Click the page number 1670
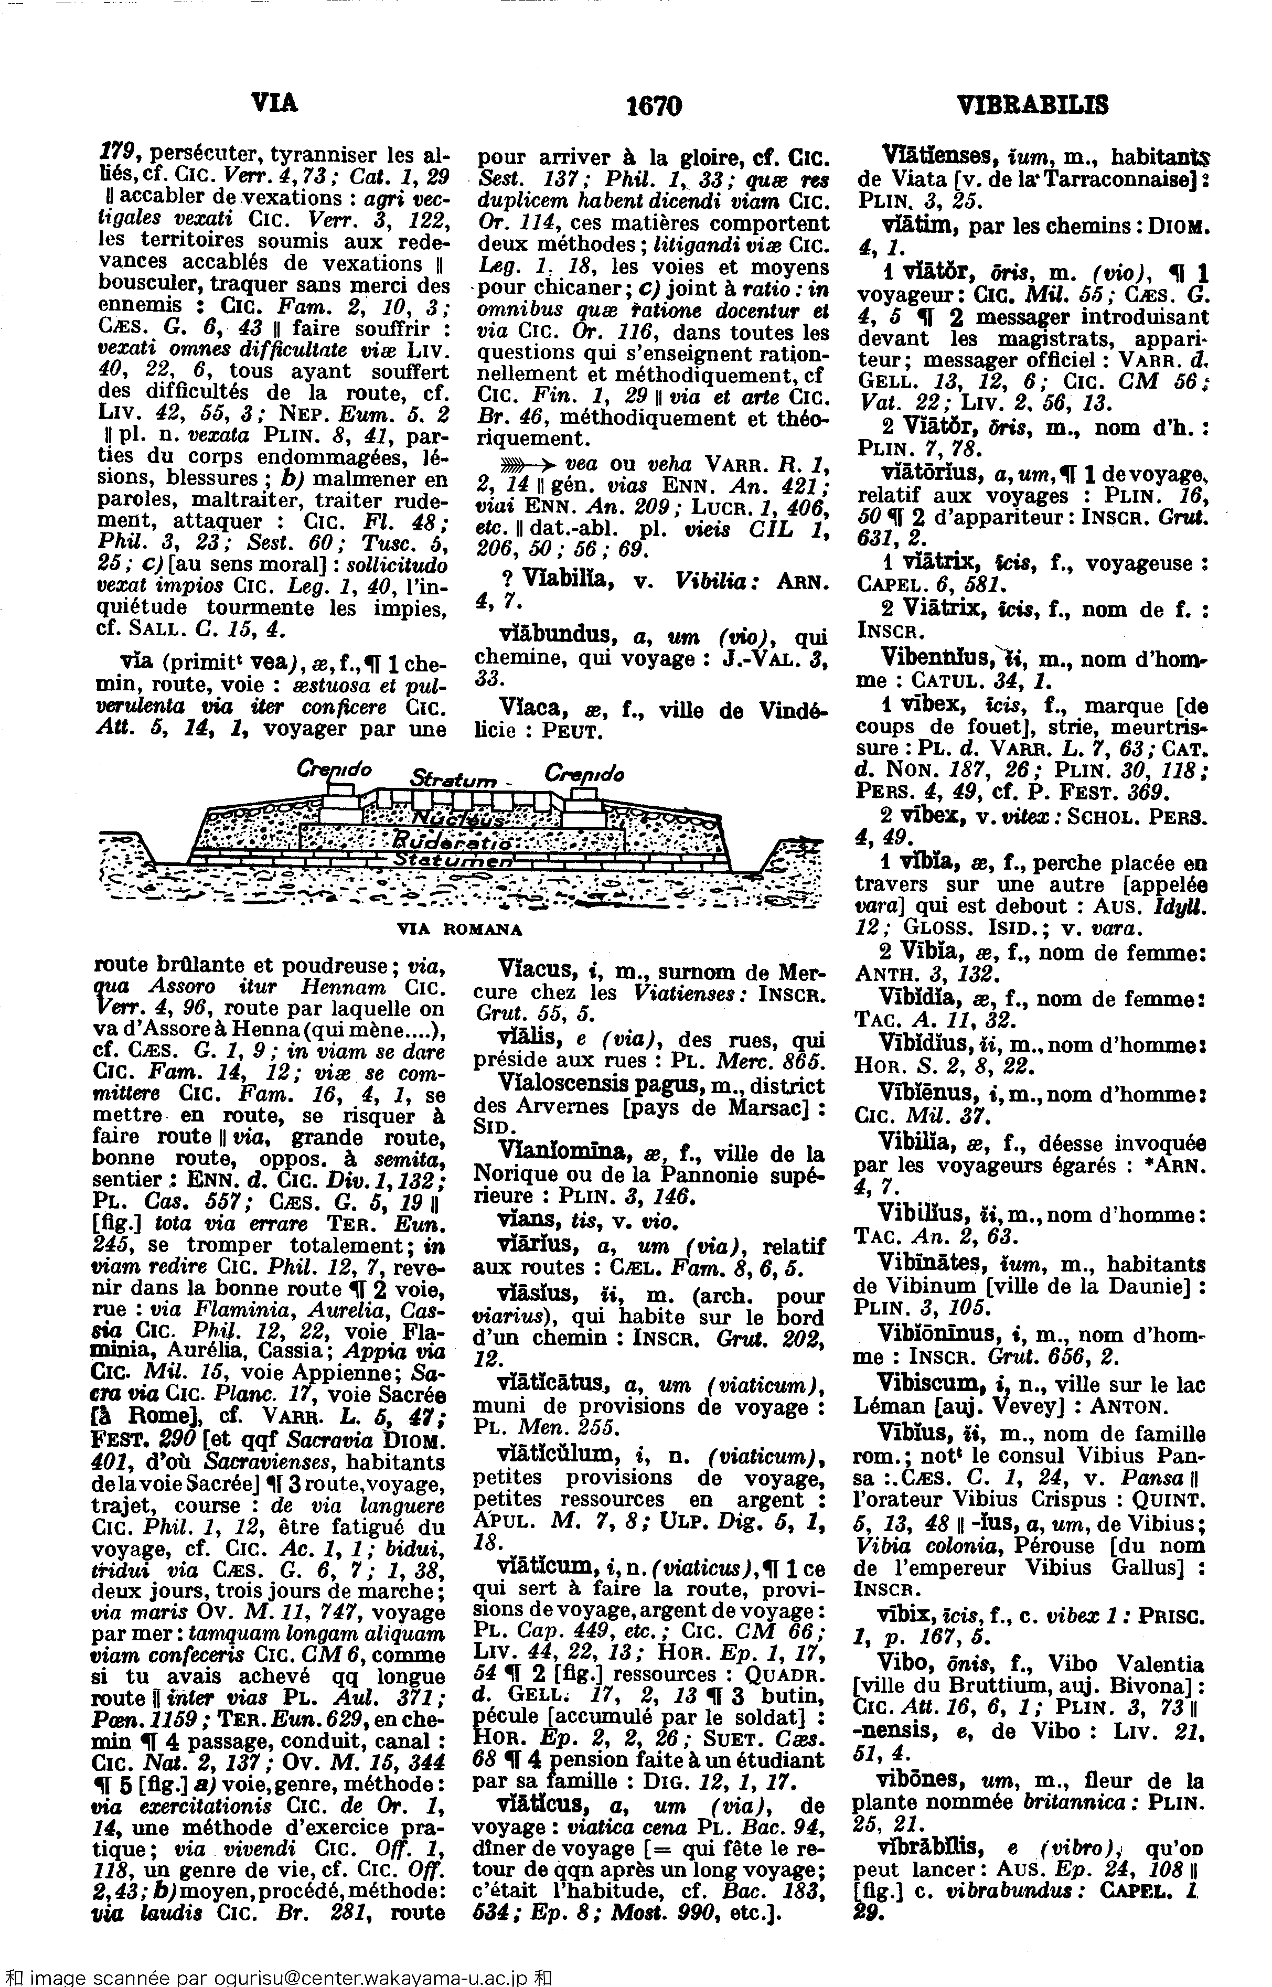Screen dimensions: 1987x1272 (654, 106)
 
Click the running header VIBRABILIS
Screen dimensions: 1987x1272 (1032, 106)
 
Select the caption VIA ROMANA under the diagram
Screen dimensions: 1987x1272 (460, 929)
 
